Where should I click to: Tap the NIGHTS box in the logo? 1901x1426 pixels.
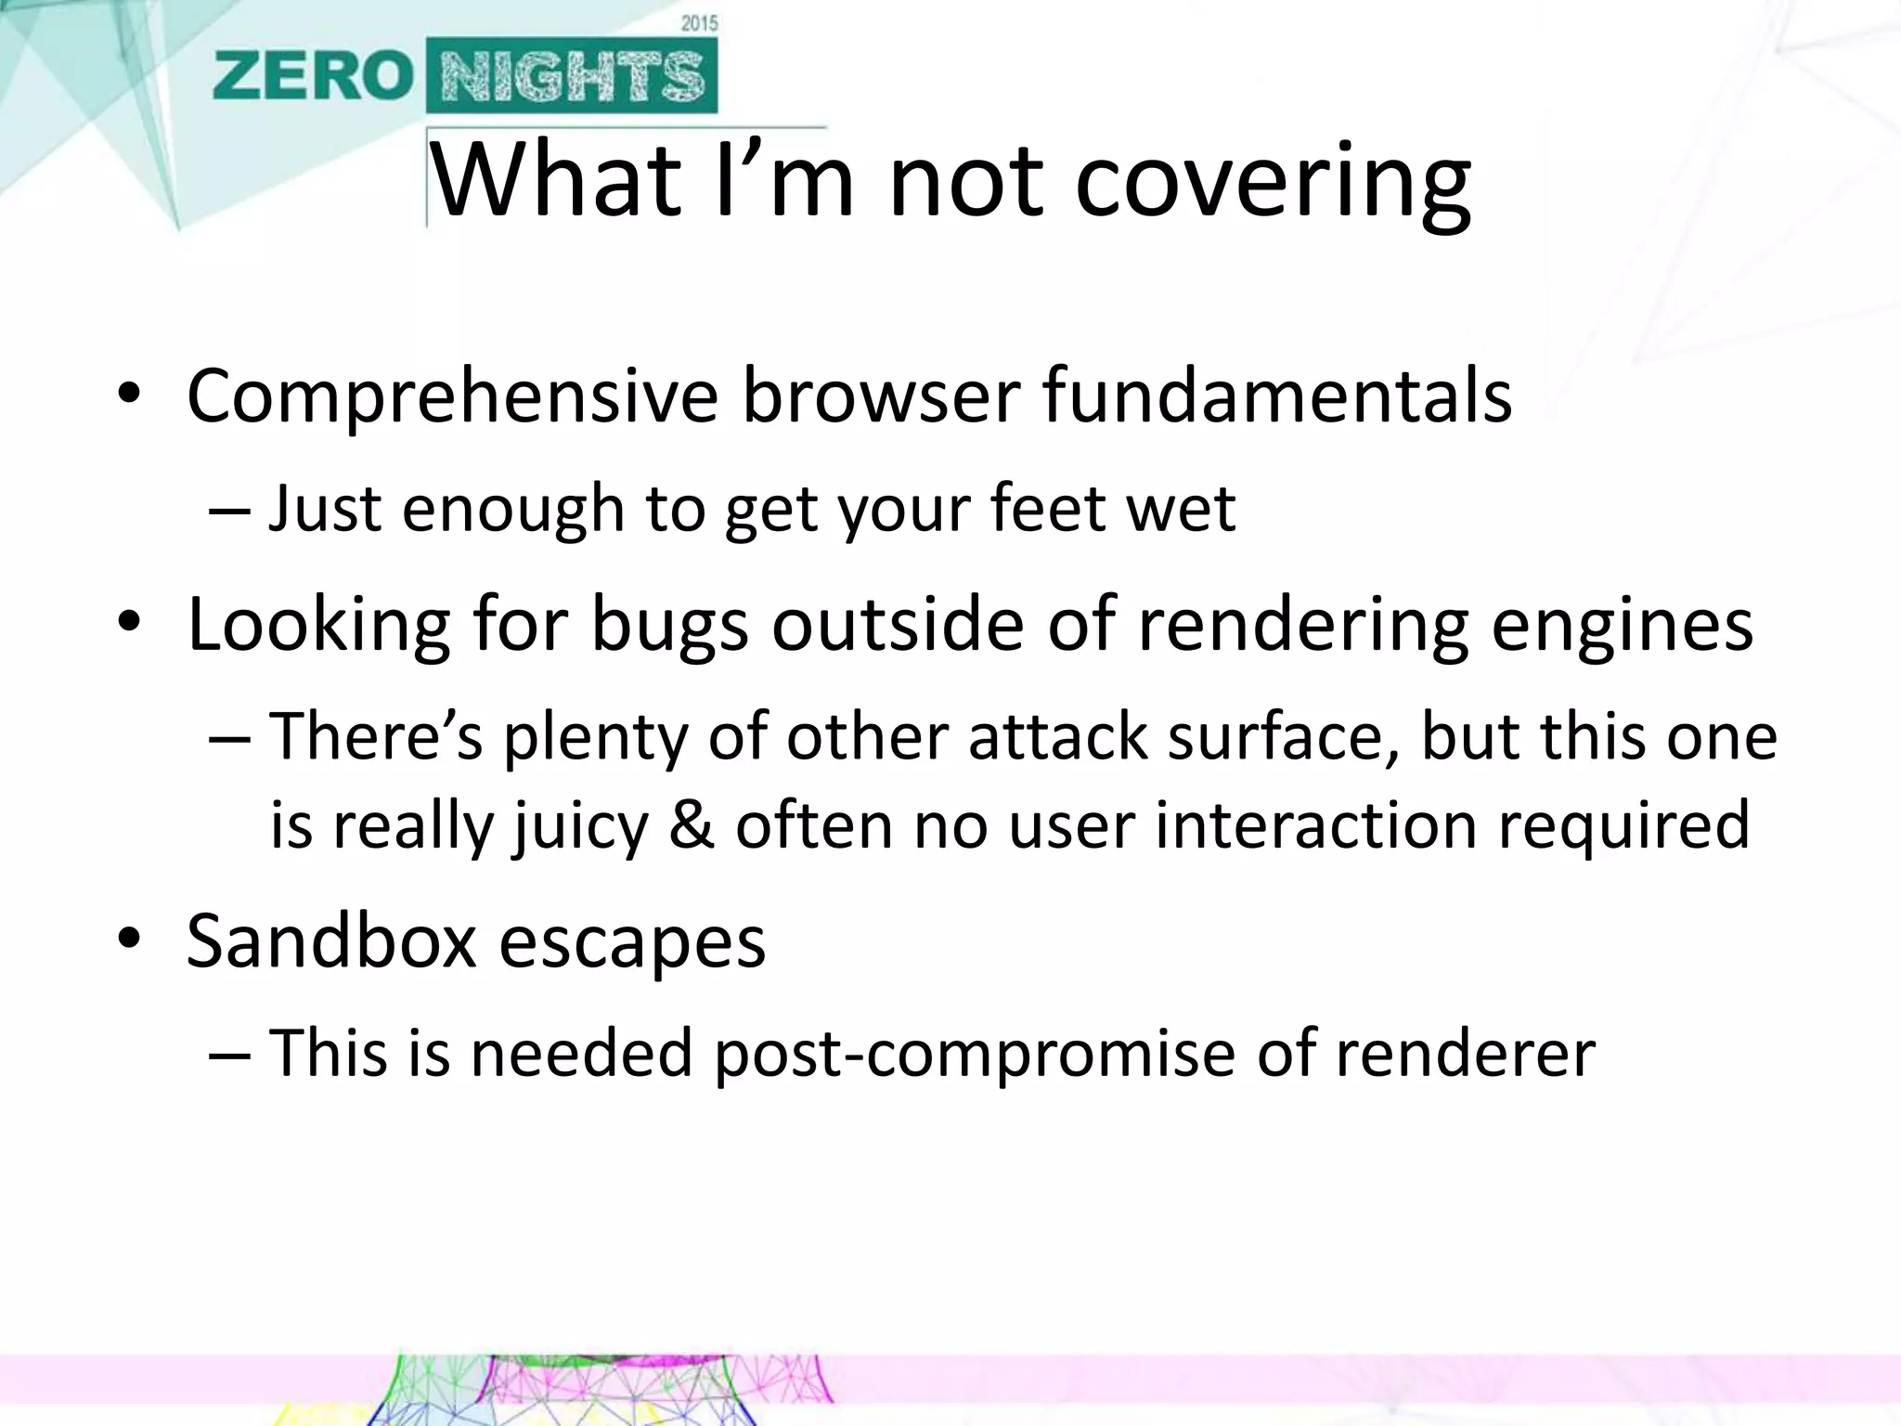572,76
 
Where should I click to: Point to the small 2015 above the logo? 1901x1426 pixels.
699,23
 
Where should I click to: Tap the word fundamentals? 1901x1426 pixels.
1277,397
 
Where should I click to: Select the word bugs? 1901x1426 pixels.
669,626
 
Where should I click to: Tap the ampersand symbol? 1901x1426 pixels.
692,824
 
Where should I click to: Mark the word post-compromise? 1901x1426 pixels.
975,1055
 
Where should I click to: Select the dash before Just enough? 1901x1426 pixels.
229,511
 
